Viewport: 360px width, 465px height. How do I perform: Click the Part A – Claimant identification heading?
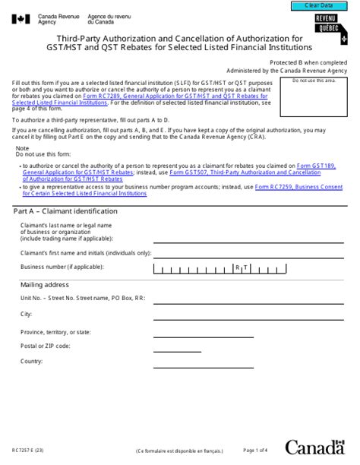65,210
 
